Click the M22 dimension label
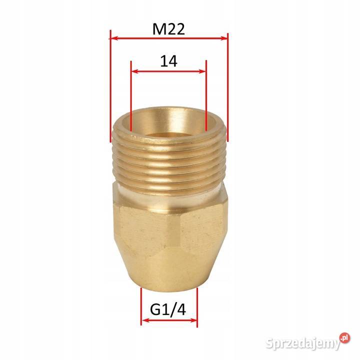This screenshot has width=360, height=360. pos(168,29)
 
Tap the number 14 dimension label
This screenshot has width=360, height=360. pos(168,61)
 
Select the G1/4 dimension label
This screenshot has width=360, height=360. pos(169,310)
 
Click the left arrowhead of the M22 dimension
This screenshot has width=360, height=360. pos(113,37)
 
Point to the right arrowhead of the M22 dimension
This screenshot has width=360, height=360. pos(224,37)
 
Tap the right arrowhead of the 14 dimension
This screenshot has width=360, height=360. pos(203,71)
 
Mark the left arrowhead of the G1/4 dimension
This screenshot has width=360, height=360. pos(144,320)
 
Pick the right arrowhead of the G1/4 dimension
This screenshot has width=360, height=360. pos(194,320)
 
